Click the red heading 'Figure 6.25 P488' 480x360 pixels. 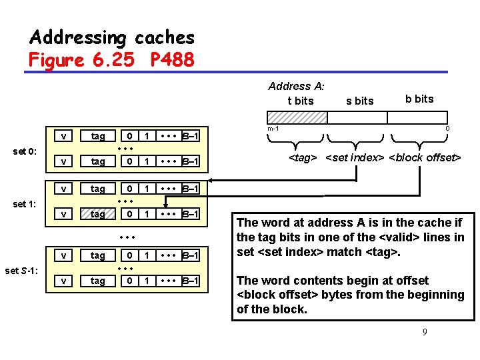click(111, 60)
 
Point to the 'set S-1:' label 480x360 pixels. click(23, 270)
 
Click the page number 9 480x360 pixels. click(425, 331)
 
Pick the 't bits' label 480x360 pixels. click(300, 101)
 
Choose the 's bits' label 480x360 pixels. click(360, 101)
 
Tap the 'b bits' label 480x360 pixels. click(419, 99)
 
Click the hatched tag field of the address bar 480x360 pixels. click(297, 117)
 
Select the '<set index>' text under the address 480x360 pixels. click(355, 158)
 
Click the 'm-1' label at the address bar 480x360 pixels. click(273, 129)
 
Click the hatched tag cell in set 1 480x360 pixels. click(98, 214)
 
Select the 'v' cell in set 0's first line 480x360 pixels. click(63, 136)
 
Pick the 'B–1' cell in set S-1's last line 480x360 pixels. click(190, 281)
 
